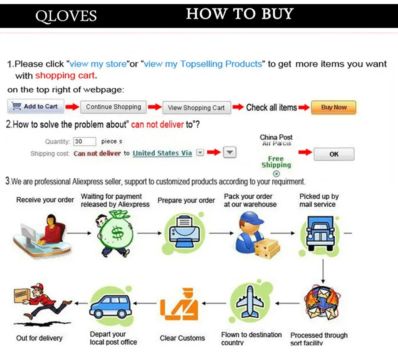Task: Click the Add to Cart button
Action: tap(36, 107)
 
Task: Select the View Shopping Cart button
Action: tap(196, 108)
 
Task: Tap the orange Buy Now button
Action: tap(333, 107)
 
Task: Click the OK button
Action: tap(333, 154)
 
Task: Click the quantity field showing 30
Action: tap(84, 141)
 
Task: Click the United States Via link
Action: tap(162, 153)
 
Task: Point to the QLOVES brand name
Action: tap(66, 16)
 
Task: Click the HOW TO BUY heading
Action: tap(240, 14)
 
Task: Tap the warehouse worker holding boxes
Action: tap(253, 234)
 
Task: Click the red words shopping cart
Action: tap(65, 76)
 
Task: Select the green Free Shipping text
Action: tap(276, 162)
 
